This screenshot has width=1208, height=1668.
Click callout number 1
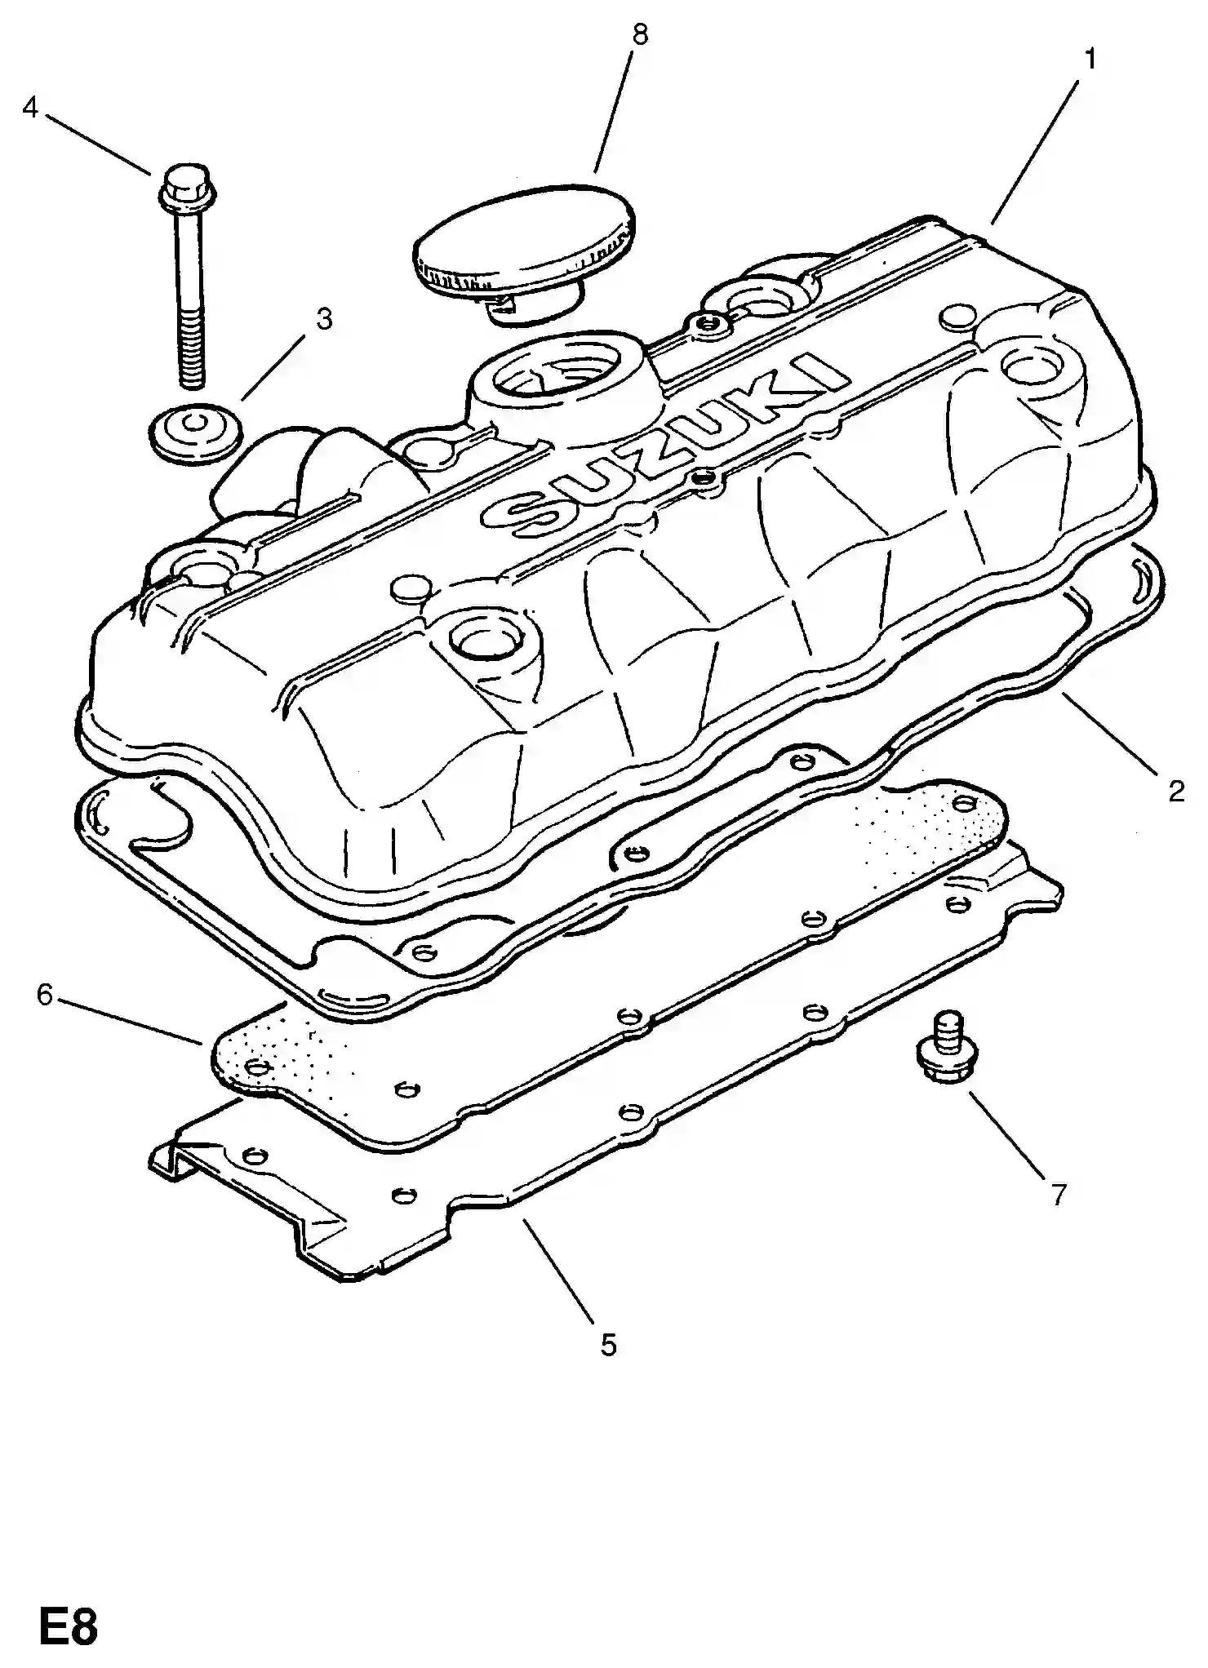pyautogui.click(x=1090, y=60)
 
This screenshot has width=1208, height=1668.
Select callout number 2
pyautogui.click(x=1175, y=791)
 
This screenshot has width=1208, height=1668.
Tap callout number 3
pyautogui.click(x=324, y=319)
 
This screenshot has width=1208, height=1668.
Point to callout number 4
pyautogui.click(x=30, y=107)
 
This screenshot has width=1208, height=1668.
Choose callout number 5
pyautogui.click(x=609, y=1344)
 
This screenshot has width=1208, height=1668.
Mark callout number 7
pyautogui.click(x=1058, y=1195)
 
